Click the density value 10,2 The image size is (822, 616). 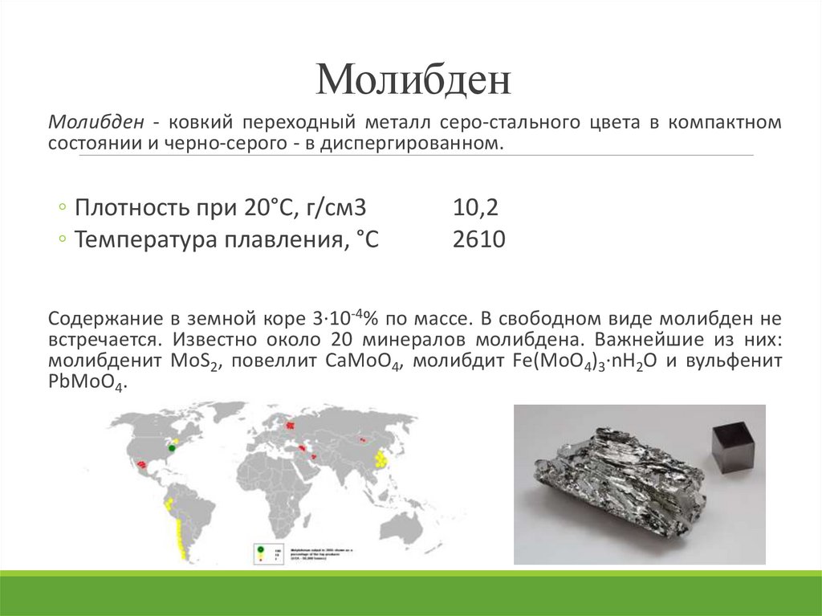tap(475, 208)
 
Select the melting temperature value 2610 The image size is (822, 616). tap(479, 239)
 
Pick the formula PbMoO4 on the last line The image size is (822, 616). tap(86, 384)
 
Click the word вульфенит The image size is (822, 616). tap(735, 361)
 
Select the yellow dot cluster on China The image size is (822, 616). tap(380, 459)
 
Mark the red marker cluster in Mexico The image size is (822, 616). tap(143, 464)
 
